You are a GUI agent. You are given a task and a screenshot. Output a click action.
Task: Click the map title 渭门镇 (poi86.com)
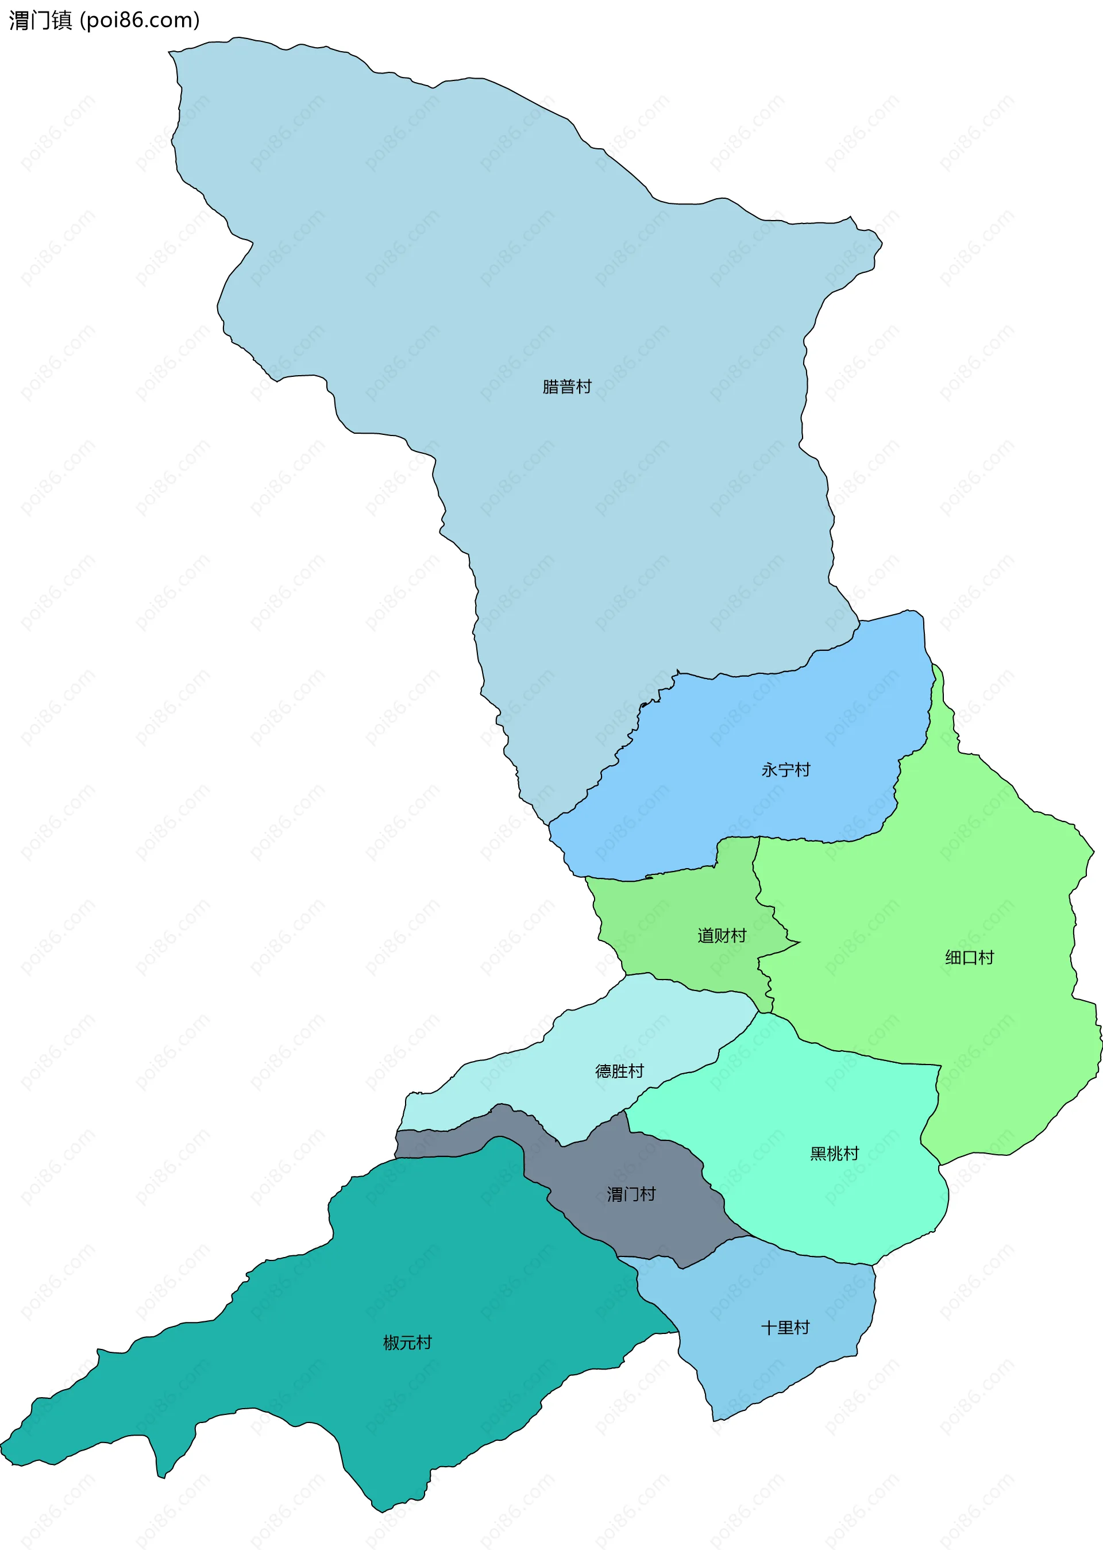[104, 20]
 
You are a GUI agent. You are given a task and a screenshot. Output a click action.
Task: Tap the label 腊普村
[566, 387]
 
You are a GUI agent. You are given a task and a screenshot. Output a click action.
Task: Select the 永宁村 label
[785, 770]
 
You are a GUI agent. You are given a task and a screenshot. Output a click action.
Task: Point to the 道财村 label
[722, 935]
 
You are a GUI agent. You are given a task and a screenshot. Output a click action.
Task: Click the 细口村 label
[969, 957]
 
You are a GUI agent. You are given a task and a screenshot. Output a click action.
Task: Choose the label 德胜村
[619, 1071]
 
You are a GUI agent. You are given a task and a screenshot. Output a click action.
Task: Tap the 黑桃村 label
[834, 1154]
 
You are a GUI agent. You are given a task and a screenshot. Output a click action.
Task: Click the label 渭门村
[631, 1194]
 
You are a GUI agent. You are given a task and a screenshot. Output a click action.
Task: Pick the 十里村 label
[785, 1327]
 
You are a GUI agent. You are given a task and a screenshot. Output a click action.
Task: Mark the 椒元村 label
[407, 1342]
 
